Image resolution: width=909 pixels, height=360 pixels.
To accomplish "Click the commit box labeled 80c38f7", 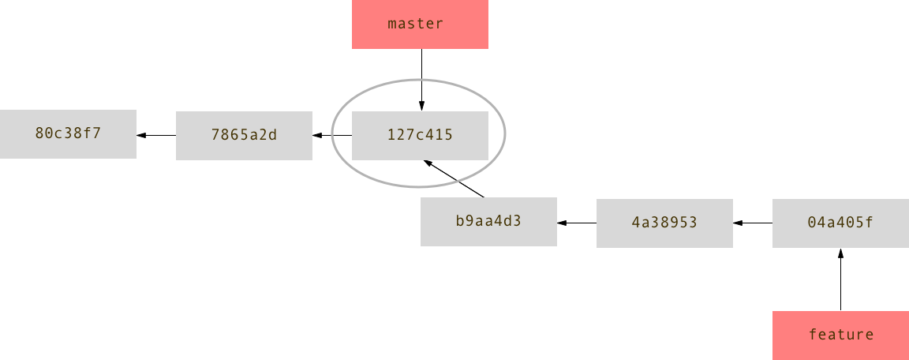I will [68, 134].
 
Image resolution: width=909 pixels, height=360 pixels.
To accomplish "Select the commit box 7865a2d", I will [244, 136].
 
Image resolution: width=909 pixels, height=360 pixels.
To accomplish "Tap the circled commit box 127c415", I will [420, 136].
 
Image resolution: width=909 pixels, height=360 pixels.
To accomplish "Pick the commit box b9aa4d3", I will [488, 222].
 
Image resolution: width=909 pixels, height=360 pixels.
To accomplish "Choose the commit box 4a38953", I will [664, 223].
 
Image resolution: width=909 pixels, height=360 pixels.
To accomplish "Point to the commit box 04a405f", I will [840, 223].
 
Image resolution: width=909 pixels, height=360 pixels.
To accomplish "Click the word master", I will [416, 24].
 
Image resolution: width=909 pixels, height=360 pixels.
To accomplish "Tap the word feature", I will [841, 335].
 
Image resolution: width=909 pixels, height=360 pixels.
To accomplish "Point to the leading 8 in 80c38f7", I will [39, 133].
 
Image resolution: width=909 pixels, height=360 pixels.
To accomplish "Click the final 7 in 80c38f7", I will [97, 133].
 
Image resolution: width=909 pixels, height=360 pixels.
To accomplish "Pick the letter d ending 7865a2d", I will [273, 135].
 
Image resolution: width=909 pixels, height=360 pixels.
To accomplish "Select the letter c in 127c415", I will [420, 135].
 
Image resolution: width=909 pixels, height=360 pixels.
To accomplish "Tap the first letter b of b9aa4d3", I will [460, 221].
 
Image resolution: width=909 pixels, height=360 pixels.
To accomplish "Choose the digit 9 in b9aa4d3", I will [469, 221].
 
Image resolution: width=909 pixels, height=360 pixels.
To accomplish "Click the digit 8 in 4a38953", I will [664, 223].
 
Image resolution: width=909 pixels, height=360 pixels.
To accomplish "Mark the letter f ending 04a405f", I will [870, 223].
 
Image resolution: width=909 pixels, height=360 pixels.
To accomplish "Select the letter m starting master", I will [392, 24].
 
